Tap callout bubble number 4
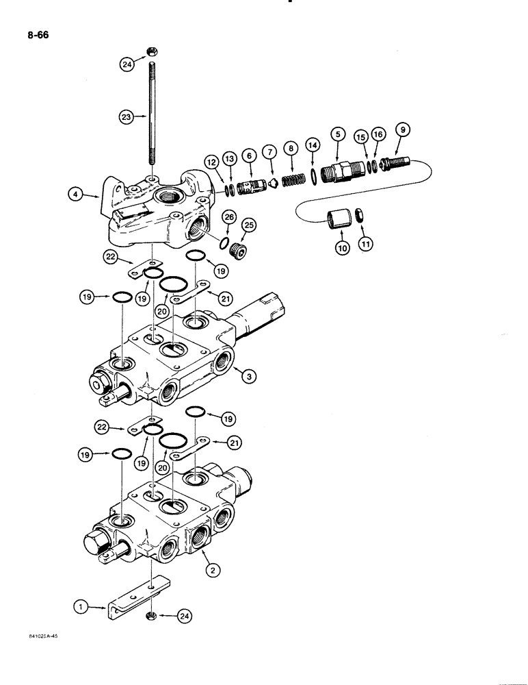77,195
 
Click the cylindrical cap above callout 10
339,220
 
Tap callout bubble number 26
230,218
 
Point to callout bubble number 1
81,606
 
